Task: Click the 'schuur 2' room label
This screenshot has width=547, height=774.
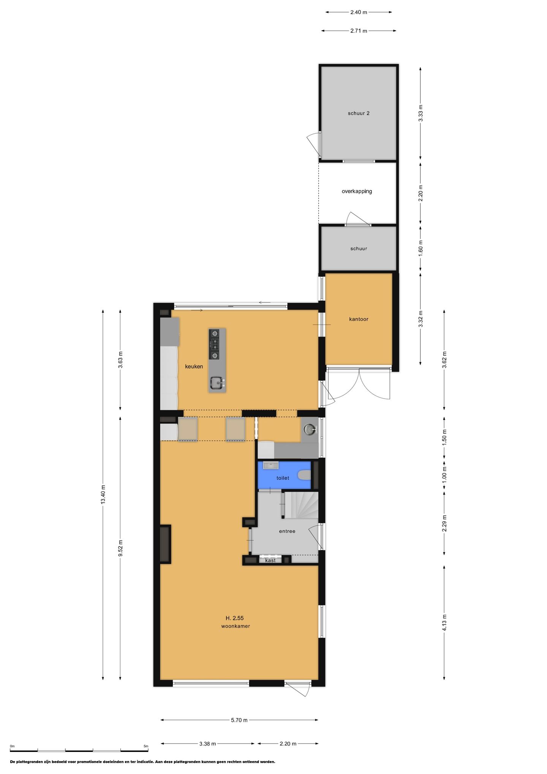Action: pyautogui.click(x=359, y=113)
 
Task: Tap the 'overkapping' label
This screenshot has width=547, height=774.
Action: pyautogui.click(x=357, y=192)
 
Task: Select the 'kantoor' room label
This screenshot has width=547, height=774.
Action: pyautogui.click(x=359, y=319)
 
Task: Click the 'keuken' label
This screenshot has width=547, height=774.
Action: pyautogui.click(x=194, y=367)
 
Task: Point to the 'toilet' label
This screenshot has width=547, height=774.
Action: pyautogui.click(x=283, y=478)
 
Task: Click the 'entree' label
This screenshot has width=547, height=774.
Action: pyautogui.click(x=287, y=531)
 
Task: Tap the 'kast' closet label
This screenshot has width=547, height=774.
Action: pyautogui.click(x=270, y=560)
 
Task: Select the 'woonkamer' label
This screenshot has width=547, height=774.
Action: pyautogui.click(x=236, y=626)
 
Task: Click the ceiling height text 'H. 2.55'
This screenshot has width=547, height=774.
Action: pyautogui.click(x=234, y=618)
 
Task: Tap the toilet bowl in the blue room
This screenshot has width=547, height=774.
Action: pyautogui.click(x=304, y=475)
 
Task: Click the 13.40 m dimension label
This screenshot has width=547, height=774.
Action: pyautogui.click(x=103, y=495)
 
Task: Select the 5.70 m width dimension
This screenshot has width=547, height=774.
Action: pyautogui.click(x=239, y=720)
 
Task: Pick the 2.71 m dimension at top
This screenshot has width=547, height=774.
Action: pyautogui.click(x=359, y=31)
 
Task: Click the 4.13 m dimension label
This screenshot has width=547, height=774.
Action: pyautogui.click(x=444, y=623)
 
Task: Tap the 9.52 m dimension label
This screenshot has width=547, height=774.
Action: pyautogui.click(x=120, y=548)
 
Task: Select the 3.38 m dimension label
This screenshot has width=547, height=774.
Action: pyautogui.click(x=207, y=744)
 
